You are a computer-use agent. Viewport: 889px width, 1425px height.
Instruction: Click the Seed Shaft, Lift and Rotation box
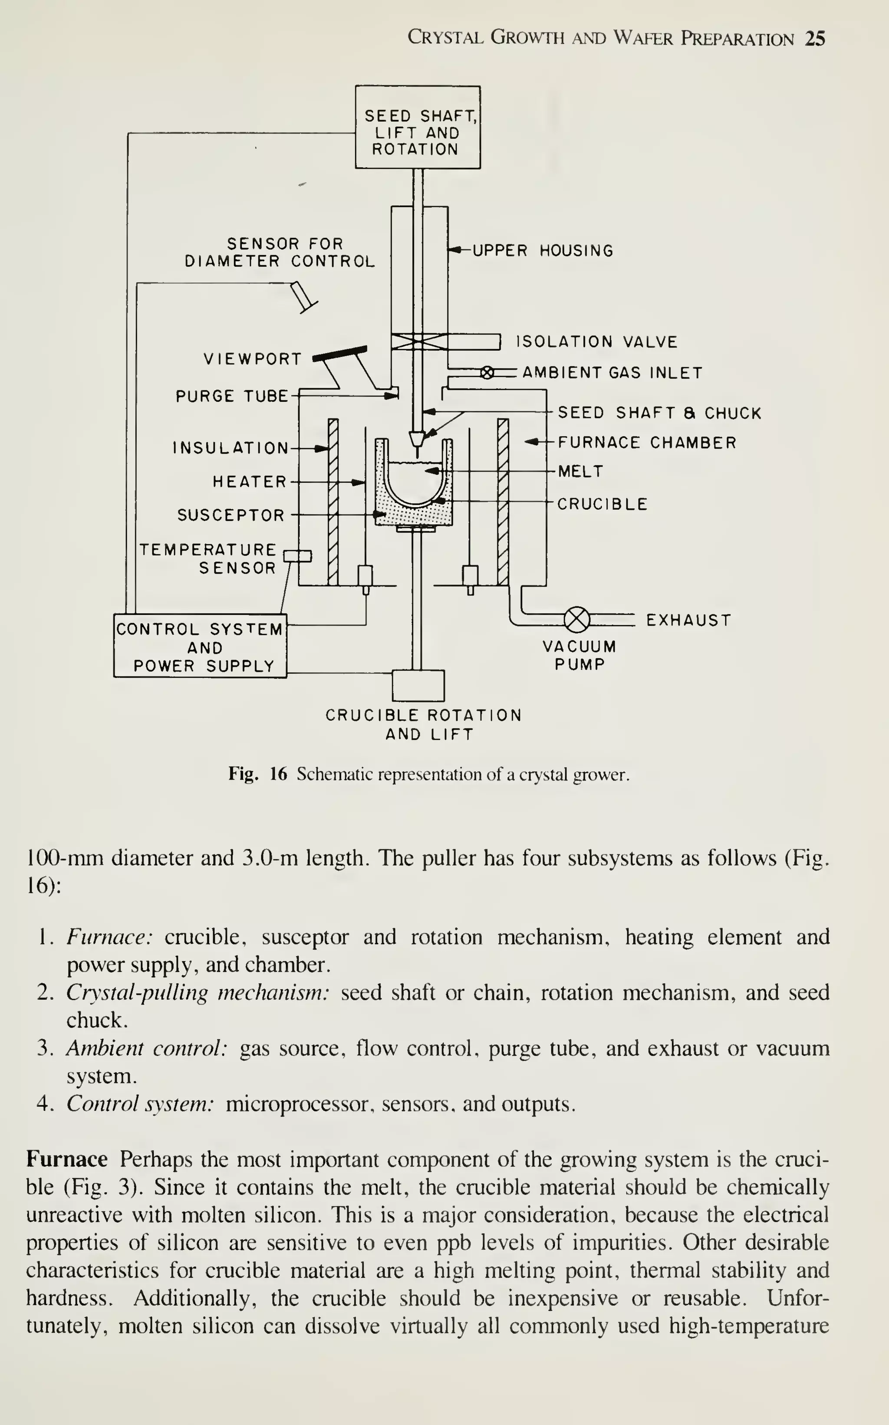pos(418,128)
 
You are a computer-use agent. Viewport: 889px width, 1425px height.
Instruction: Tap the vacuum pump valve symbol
pos(576,619)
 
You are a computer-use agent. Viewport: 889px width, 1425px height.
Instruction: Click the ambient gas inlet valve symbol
pos(487,373)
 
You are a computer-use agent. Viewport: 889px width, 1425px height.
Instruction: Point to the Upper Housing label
pos(542,251)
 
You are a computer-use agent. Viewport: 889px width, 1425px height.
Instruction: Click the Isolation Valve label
pos(596,342)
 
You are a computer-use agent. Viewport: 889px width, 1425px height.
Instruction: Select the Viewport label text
pos(253,359)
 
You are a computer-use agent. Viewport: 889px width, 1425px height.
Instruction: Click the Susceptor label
pos(230,515)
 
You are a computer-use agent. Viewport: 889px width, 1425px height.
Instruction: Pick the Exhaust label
pos(688,621)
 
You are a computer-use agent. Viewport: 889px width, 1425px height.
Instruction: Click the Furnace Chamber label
pos(646,443)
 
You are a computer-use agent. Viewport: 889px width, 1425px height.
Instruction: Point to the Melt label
pos(580,471)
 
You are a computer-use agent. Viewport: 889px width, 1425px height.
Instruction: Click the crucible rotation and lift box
pos(418,685)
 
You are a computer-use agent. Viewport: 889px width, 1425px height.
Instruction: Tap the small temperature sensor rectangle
pos(297,556)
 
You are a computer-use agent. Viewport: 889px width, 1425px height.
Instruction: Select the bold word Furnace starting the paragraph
pos(66,1159)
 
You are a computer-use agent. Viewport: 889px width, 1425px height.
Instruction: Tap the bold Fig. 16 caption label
pos(257,774)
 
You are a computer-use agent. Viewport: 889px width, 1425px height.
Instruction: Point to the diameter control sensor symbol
pos(303,296)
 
